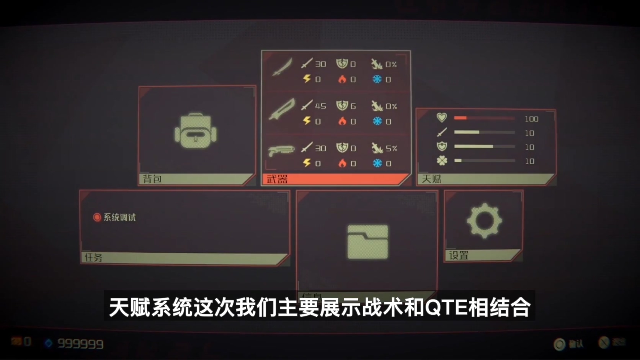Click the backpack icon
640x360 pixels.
pyautogui.click(x=196, y=131)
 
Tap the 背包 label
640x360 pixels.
pyautogui.click(x=152, y=179)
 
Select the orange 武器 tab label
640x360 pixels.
pyautogui.click(x=277, y=179)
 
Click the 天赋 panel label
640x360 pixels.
pyautogui.click(x=431, y=179)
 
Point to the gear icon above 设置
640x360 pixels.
pyautogui.click(x=484, y=221)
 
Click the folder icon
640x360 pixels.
pyautogui.click(x=367, y=242)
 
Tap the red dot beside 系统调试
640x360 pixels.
pyautogui.click(x=97, y=218)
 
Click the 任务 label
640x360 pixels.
pyautogui.click(x=93, y=258)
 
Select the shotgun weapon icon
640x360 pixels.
pyautogui.click(x=281, y=150)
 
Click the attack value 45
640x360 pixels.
pyautogui.click(x=320, y=106)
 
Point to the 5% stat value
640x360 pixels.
pyautogui.click(x=391, y=148)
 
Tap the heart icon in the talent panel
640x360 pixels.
pyautogui.click(x=442, y=118)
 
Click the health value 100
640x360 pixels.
pyautogui.click(x=531, y=119)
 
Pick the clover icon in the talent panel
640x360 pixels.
pyautogui.click(x=442, y=161)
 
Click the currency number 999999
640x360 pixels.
pyautogui.click(x=80, y=344)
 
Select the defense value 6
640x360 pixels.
pyautogui.click(x=353, y=106)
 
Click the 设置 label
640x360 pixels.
pyautogui.click(x=459, y=255)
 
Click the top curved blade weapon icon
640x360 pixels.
pyautogui.click(x=282, y=67)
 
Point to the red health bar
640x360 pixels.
pyautogui.click(x=460, y=118)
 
